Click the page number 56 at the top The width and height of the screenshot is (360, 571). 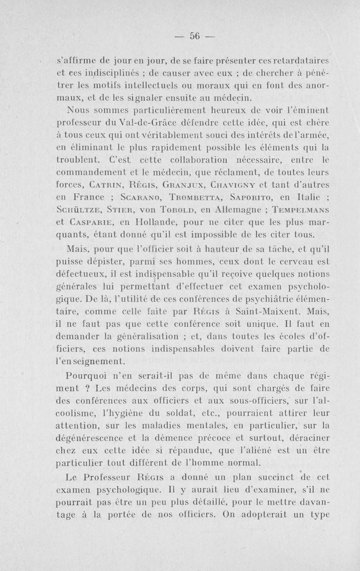(x=194, y=37)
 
